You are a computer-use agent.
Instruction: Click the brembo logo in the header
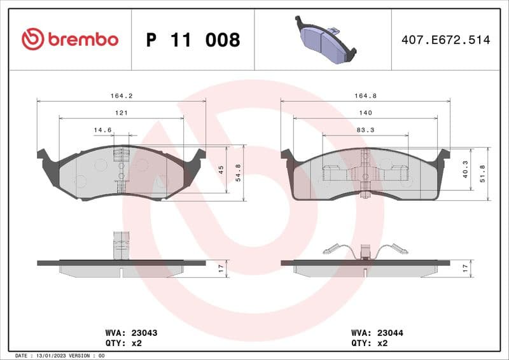click(70, 39)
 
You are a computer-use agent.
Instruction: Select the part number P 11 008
click(193, 40)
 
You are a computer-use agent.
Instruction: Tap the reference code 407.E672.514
click(445, 40)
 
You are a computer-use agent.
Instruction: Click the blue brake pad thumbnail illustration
click(324, 38)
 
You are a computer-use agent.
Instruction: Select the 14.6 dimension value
click(102, 130)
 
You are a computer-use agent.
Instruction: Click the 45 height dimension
click(220, 169)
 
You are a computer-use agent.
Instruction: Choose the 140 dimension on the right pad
click(365, 113)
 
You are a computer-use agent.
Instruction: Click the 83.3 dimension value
click(365, 130)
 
